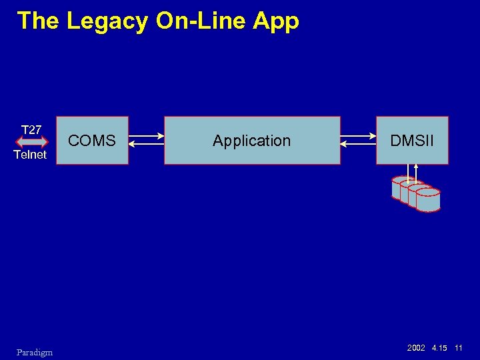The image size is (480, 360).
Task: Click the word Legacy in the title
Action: [107, 21]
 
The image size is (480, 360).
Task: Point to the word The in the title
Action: [40, 21]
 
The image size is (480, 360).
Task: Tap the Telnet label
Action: [31, 155]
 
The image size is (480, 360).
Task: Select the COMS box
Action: [92, 141]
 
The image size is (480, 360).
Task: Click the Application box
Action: [252, 141]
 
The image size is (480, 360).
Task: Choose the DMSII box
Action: [412, 141]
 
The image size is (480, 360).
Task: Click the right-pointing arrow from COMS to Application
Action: [146, 136]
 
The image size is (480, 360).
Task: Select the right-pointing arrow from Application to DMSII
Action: [358, 136]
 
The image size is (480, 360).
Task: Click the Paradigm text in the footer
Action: [35, 352]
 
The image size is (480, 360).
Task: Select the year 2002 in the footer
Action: [416, 349]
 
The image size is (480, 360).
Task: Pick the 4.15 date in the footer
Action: [439, 349]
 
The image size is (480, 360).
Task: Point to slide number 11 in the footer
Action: [459, 349]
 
